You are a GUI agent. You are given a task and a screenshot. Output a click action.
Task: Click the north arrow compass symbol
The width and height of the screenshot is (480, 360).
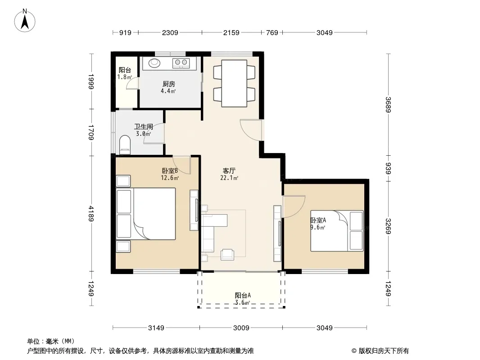[x=25, y=21]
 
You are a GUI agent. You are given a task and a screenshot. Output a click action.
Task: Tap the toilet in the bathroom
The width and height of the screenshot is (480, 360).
[x=125, y=144]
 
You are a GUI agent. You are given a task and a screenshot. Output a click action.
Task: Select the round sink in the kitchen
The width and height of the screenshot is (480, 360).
[x=154, y=63]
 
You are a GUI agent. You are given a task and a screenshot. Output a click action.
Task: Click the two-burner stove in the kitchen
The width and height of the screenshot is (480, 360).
[x=181, y=63]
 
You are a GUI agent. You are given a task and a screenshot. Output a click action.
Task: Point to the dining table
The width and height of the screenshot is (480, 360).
[x=234, y=83]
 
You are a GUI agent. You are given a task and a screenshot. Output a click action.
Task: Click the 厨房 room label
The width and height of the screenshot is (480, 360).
[x=169, y=84]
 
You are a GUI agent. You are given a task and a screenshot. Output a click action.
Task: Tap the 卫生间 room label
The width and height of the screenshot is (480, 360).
[x=144, y=126]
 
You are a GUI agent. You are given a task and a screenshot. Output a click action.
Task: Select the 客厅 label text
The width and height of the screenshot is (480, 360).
[x=229, y=171]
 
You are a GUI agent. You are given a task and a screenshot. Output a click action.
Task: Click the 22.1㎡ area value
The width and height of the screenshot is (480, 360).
[x=229, y=178]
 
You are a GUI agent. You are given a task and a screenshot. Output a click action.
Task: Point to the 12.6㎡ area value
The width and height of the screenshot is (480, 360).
[x=170, y=178]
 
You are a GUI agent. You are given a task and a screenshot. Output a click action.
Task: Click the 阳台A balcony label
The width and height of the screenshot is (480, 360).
[x=243, y=295]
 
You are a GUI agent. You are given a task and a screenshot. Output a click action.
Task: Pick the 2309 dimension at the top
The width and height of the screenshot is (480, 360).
[x=170, y=32]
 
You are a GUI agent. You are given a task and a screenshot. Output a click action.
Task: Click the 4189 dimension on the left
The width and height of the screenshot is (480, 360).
[x=91, y=213]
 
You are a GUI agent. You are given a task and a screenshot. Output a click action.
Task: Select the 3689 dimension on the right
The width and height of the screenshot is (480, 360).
[x=388, y=104]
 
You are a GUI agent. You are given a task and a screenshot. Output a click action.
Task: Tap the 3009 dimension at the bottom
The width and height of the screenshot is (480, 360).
[x=241, y=328]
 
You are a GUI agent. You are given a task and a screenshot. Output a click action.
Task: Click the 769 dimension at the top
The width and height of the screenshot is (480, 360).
[x=272, y=32]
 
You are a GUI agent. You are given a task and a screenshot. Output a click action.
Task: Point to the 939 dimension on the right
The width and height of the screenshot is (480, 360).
[x=388, y=169]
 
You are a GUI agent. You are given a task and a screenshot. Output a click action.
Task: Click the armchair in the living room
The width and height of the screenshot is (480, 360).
[x=227, y=255]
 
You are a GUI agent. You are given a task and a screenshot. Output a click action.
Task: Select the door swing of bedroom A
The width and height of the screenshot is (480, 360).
[x=294, y=207]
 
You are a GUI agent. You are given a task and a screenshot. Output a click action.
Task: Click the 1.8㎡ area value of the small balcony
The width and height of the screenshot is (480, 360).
[x=125, y=77]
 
